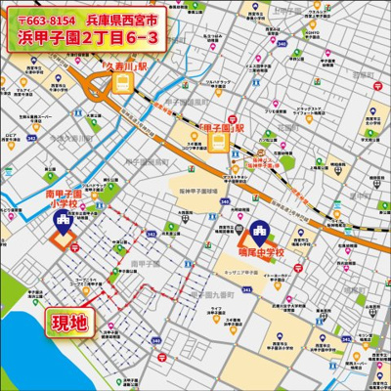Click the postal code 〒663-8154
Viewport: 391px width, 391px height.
coord(41,21)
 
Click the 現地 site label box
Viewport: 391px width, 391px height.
coord(69,320)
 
